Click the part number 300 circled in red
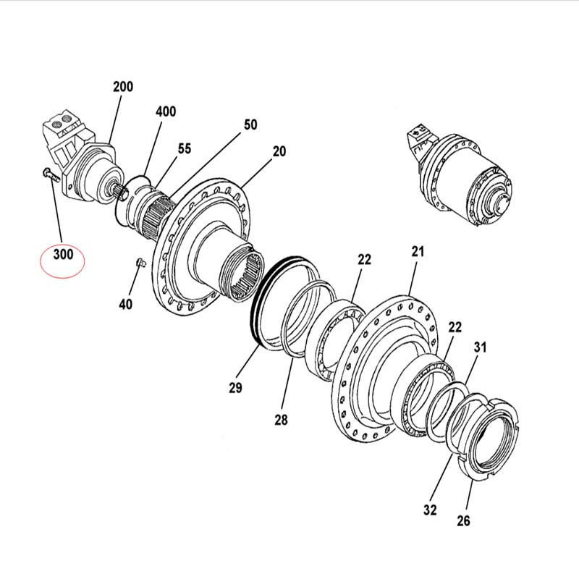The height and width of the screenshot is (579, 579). click(64, 255)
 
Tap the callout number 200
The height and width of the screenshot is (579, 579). click(123, 87)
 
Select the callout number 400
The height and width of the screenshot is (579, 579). click(166, 111)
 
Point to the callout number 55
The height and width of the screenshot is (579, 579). click(185, 149)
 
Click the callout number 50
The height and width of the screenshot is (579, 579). click(250, 124)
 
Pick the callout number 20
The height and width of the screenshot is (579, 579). click(279, 151)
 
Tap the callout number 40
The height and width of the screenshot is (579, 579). click(125, 304)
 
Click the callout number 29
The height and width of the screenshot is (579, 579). click(236, 388)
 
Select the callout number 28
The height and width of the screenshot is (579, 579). click(281, 420)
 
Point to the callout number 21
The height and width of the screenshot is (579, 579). click(418, 252)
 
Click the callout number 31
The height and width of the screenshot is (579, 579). click(480, 347)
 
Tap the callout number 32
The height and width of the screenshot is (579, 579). click(430, 510)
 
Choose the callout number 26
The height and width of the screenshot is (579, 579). click(463, 521)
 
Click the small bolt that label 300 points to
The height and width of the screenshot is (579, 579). click(51, 174)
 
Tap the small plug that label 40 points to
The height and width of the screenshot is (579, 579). click(140, 263)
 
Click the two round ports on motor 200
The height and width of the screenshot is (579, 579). click(62, 119)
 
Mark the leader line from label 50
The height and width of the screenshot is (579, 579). click(204, 165)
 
